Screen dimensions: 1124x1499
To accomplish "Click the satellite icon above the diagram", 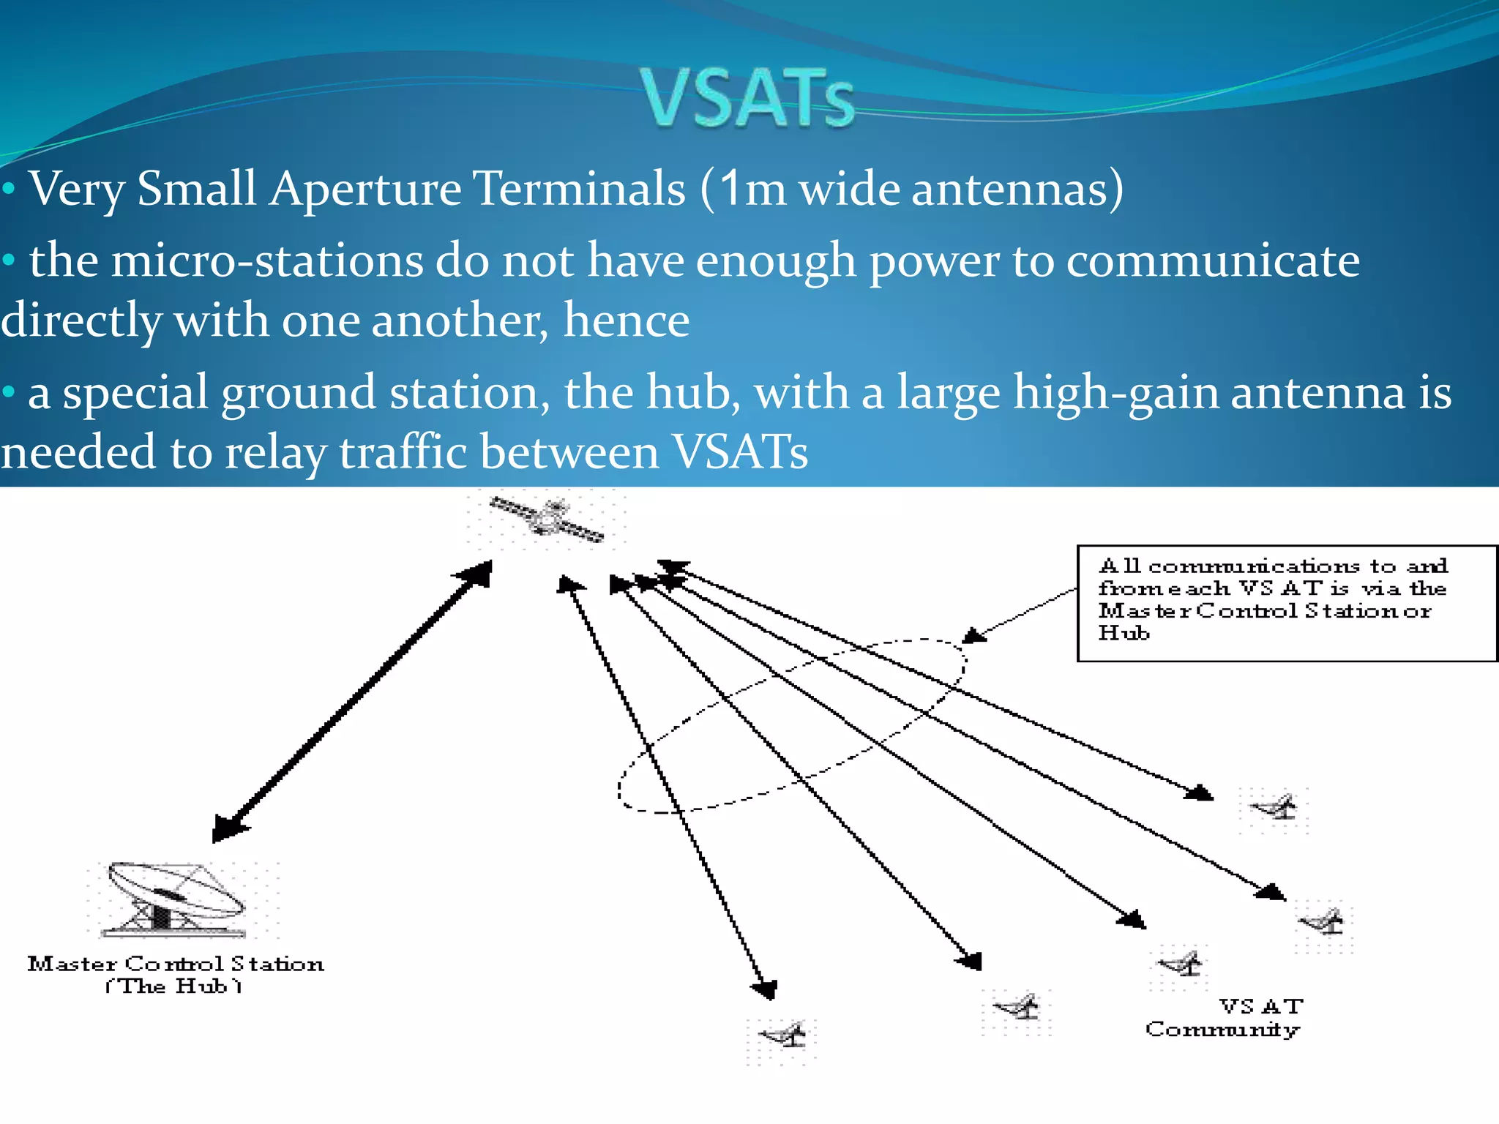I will [547, 519].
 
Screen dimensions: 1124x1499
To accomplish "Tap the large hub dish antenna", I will [176, 899].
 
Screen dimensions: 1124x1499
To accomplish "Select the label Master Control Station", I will [176, 964].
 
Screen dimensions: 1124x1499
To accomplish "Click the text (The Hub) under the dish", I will [173, 986].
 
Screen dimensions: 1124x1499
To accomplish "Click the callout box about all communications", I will [1286, 603].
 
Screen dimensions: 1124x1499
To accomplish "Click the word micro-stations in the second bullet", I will [267, 261].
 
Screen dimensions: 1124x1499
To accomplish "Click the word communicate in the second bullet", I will [1212, 261].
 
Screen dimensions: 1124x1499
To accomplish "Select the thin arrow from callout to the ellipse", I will [1021, 615].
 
